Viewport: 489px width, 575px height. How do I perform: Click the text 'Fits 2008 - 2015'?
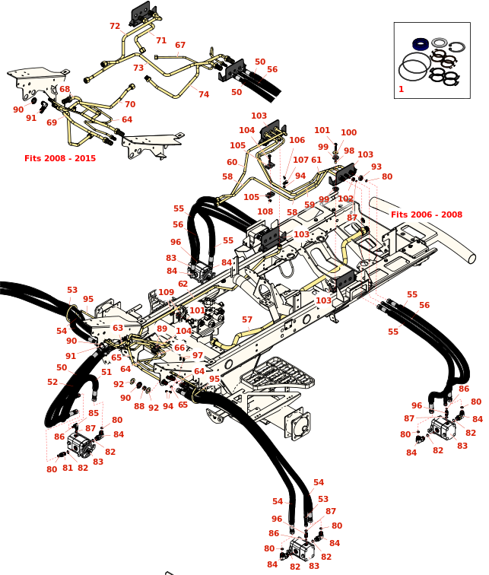click(60, 158)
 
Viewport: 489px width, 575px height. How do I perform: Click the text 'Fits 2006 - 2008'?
click(427, 214)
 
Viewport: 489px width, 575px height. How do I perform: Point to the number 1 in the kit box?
click(401, 89)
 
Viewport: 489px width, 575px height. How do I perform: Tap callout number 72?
click(115, 26)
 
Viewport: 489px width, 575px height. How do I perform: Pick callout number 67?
click(180, 45)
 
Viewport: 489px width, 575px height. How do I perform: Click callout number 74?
click(204, 94)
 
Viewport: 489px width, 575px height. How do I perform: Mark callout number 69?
click(52, 122)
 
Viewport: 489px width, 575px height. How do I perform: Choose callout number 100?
click(348, 132)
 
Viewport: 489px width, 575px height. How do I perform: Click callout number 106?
click(297, 140)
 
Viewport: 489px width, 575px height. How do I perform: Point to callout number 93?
click(376, 167)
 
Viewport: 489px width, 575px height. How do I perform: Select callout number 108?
click(265, 211)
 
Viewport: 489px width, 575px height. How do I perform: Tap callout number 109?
click(166, 292)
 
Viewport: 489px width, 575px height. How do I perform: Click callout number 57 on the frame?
click(247, 319)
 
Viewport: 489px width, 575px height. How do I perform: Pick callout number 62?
click(183, 284)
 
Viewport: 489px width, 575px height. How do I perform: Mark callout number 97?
click(198, 355)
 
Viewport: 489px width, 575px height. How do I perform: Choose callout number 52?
click(52, 382)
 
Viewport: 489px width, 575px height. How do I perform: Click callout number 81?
click(68, 468)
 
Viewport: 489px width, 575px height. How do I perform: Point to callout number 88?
click(139, 406)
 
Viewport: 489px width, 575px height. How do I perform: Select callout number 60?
click(232, 162)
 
